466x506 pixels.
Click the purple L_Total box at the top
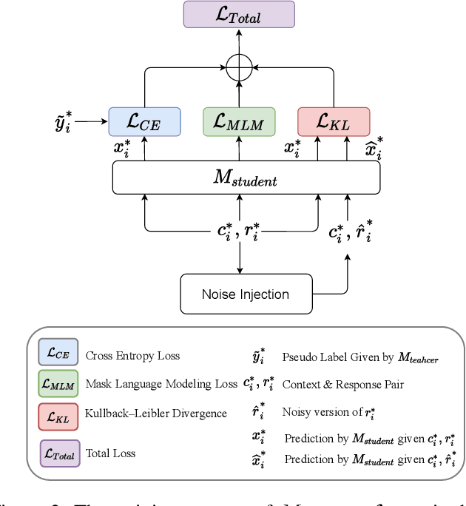click(x=238, y=15)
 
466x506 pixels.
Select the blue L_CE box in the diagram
click(x=144, y=121)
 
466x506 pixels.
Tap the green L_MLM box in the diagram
click(x=238, y=121)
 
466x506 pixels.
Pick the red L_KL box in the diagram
click(x=333, y=121)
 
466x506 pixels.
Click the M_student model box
click(x=246, y=178)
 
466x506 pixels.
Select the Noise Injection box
click(x=246, y=294)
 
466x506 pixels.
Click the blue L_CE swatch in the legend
click(x=57, y=355)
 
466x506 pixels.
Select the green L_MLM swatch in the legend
click(x=57, y=384)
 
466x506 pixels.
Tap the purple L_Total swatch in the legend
click(x=59, y=453)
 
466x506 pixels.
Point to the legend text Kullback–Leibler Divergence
click(x=156, y=414)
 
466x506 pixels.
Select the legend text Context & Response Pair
click(x=342, y=385)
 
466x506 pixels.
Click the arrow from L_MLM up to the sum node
click(x=238, y=95)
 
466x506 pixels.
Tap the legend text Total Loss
click(x=110, y=453)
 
